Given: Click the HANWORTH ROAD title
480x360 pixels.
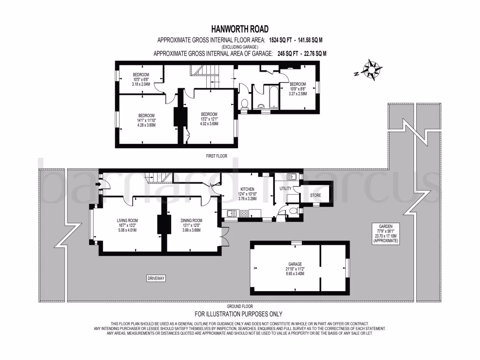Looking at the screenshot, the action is coord(240,29).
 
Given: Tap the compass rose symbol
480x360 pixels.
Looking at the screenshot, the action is coord(371,69).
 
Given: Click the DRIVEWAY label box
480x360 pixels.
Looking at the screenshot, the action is coord(156,278).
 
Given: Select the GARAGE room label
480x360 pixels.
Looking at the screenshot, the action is coord(295,264).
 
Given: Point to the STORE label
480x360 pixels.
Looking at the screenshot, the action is coord(315,195).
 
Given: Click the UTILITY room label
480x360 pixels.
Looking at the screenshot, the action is coord(285,188).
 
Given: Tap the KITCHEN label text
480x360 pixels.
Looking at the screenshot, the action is coord(247,189).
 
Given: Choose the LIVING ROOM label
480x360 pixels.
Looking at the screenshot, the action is coord(127,220).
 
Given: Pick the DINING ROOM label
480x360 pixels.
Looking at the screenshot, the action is coord(191,220).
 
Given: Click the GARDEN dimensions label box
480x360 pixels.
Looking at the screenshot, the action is coord(386,233).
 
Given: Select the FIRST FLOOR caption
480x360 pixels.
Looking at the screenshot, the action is coord(217,156).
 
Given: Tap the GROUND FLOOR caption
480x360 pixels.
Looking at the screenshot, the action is coord(240,306).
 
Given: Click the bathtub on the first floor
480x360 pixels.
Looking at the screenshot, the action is coord(274,97).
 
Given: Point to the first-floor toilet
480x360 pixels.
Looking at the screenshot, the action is coord(245,104).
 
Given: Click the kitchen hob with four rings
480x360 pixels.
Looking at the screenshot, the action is coord(244,213).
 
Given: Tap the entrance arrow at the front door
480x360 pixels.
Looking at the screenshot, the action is coord(98,184).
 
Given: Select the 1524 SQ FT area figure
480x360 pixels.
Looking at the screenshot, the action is coord(280,40).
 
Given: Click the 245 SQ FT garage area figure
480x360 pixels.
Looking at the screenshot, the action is coord(288,53).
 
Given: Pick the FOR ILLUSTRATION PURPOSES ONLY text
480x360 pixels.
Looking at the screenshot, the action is coord(239,314).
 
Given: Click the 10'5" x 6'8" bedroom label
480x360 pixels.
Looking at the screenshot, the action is coord(141,79).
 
